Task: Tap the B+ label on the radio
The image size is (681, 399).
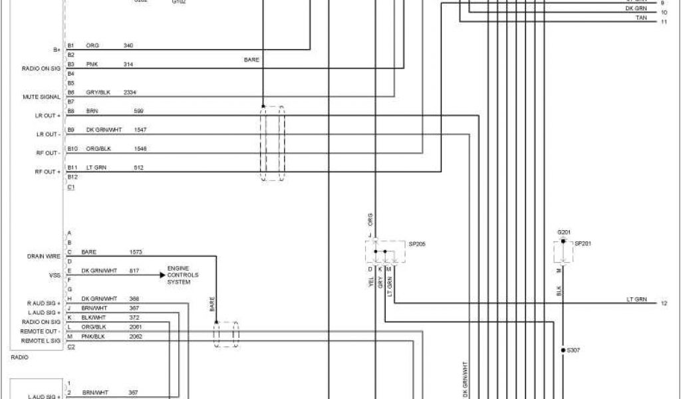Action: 56,50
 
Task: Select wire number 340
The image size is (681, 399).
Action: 128,45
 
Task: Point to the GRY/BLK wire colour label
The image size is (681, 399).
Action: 98,92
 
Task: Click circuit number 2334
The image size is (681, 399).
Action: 130,92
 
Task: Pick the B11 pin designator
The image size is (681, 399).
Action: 72,167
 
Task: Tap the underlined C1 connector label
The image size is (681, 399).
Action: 71,187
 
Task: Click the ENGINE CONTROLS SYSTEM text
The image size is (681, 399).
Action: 182,275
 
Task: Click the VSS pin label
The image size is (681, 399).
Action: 56,274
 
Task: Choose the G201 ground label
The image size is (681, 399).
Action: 564,231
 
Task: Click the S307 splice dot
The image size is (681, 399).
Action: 563,349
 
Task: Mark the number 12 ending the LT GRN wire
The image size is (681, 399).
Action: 664,303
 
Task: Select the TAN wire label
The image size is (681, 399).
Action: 641,17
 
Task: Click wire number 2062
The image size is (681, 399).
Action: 135,336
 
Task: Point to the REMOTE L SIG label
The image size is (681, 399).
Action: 41,340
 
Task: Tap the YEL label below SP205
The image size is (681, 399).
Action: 370,282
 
